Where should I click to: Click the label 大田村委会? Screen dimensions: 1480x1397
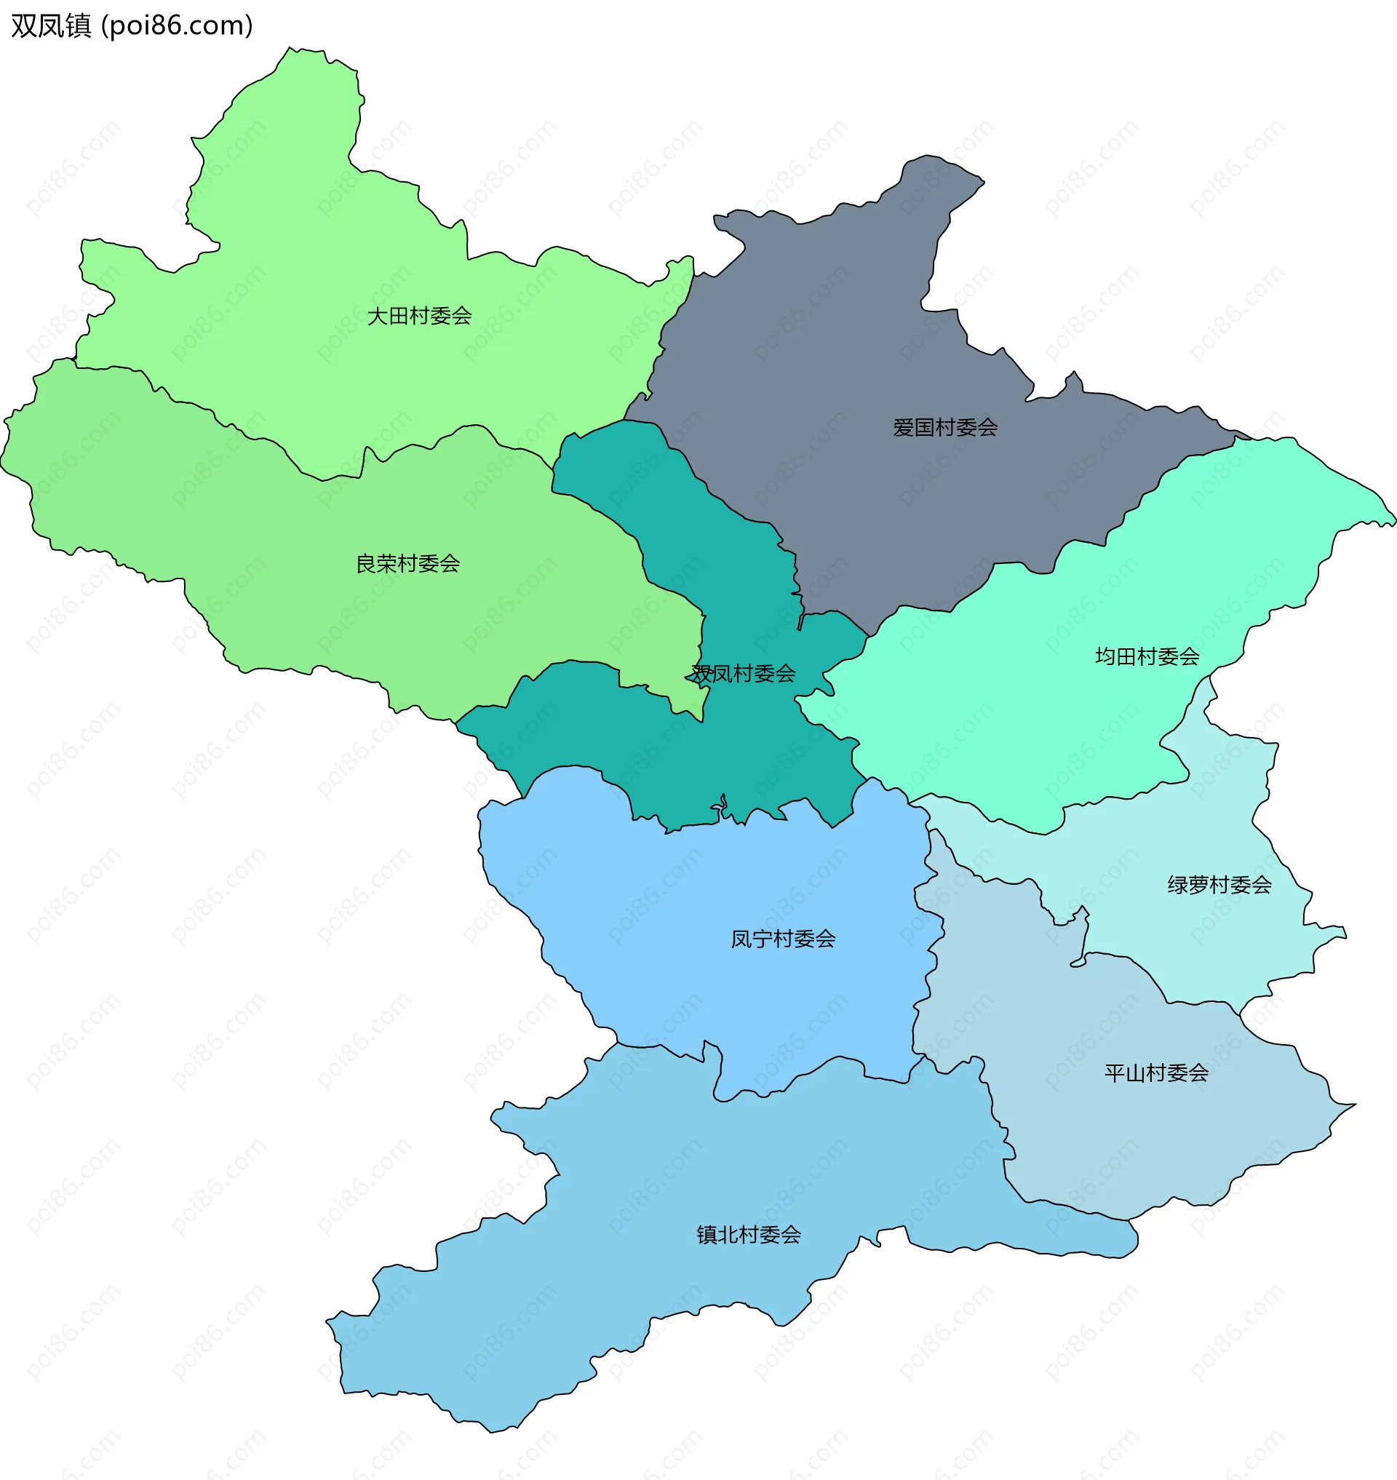419,316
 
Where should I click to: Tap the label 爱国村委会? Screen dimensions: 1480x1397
945,428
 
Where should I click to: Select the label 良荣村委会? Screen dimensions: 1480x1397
407,563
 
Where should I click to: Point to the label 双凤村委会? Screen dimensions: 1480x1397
743,673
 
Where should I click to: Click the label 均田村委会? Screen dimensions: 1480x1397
1147,656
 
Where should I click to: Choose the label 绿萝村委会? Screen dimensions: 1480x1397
1219,885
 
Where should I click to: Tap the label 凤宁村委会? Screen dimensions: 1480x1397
783,939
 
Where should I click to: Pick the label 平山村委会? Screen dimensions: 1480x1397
1155,1073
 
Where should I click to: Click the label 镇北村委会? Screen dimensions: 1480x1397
749,1235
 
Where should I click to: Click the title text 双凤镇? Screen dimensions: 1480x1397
51,25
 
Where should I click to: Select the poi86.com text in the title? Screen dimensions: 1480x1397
177,25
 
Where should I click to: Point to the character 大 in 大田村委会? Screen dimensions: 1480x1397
378,316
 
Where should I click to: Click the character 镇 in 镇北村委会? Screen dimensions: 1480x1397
707,1235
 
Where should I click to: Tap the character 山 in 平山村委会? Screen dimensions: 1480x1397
1135,1073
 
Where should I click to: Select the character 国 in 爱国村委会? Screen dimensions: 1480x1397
924,428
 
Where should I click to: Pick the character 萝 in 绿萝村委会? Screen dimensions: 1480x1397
1198,885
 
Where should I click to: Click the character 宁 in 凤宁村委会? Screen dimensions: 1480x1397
762,939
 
